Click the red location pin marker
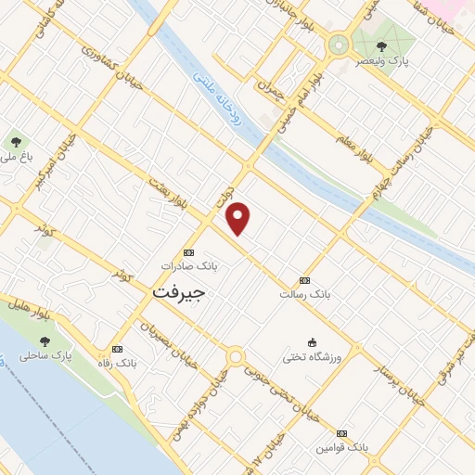pos(239,218)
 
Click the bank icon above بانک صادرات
pos(189,251)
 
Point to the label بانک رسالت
pos(304,294)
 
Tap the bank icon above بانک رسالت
pos(304,280)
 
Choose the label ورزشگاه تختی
pos(313,356)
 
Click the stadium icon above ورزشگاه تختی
pos(313,342)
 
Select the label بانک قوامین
pos(340,447)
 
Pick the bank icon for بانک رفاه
pos(117,349)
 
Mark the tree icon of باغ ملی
pos(16,142)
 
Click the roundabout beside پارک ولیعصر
pos(337,44)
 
